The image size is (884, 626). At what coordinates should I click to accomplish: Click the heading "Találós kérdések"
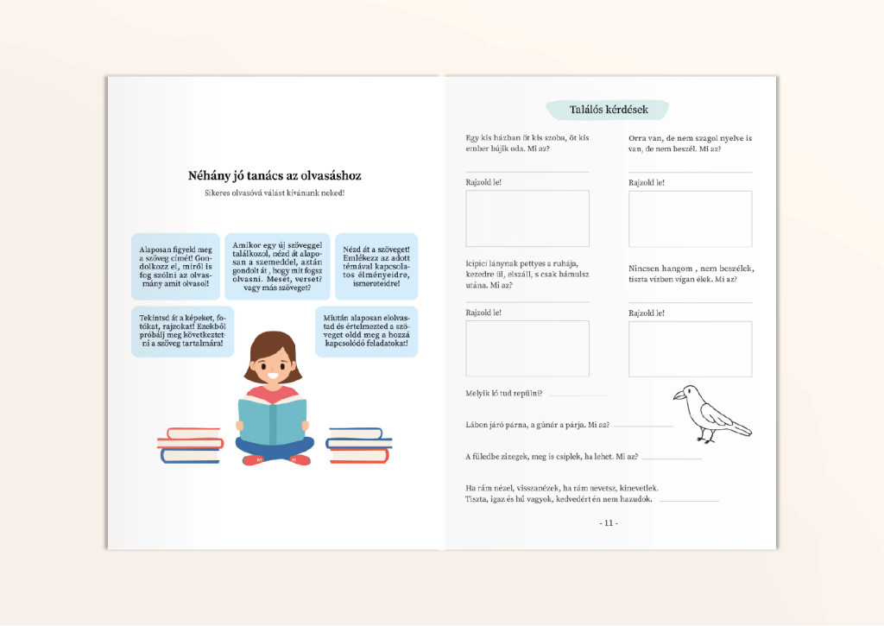point(608,110)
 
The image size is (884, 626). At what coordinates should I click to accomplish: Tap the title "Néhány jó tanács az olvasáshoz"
point(275,176)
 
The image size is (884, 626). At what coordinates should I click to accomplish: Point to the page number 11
point(609,523)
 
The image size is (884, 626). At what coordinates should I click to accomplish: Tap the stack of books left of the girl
point(190,445)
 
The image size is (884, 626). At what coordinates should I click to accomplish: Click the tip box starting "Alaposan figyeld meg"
point(175,266)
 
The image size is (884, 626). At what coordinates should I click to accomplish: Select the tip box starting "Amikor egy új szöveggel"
point(277,266)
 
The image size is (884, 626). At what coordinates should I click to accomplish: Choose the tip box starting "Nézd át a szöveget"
point(376,266)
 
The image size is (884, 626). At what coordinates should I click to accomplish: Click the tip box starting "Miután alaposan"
point(366,331)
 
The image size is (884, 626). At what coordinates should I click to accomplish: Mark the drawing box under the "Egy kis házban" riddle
point(527,218)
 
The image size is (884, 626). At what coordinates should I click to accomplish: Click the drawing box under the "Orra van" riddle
point(690,218)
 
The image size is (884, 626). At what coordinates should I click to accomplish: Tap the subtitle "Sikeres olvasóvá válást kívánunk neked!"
point(275,193)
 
